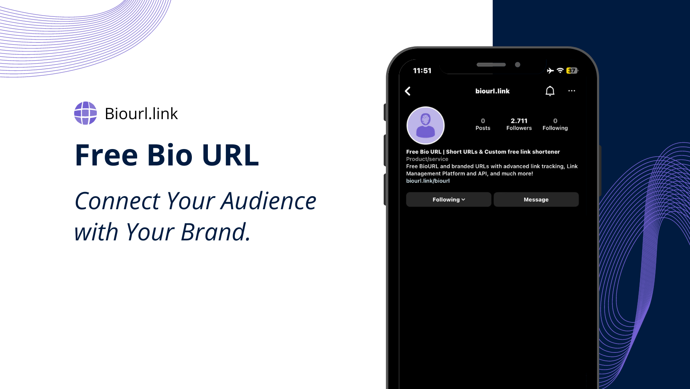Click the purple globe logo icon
[86, 113]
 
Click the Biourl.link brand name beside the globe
[141, 113]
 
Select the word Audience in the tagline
[268, 201]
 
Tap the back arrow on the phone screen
[408, 91]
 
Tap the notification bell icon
[550, 91]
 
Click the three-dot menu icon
[572, 91]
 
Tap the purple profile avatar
[425, 125]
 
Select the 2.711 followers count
[519, 121]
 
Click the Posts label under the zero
[483, 128]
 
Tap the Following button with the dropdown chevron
[448, 200]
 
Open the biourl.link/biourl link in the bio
[428, 181]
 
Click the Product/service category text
[427, 159]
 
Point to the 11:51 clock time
[422, 71]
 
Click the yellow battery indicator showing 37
[572, 71]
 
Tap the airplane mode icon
[550, 71]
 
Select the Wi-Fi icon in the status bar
[560, 71]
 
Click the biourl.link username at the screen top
[492, 91]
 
